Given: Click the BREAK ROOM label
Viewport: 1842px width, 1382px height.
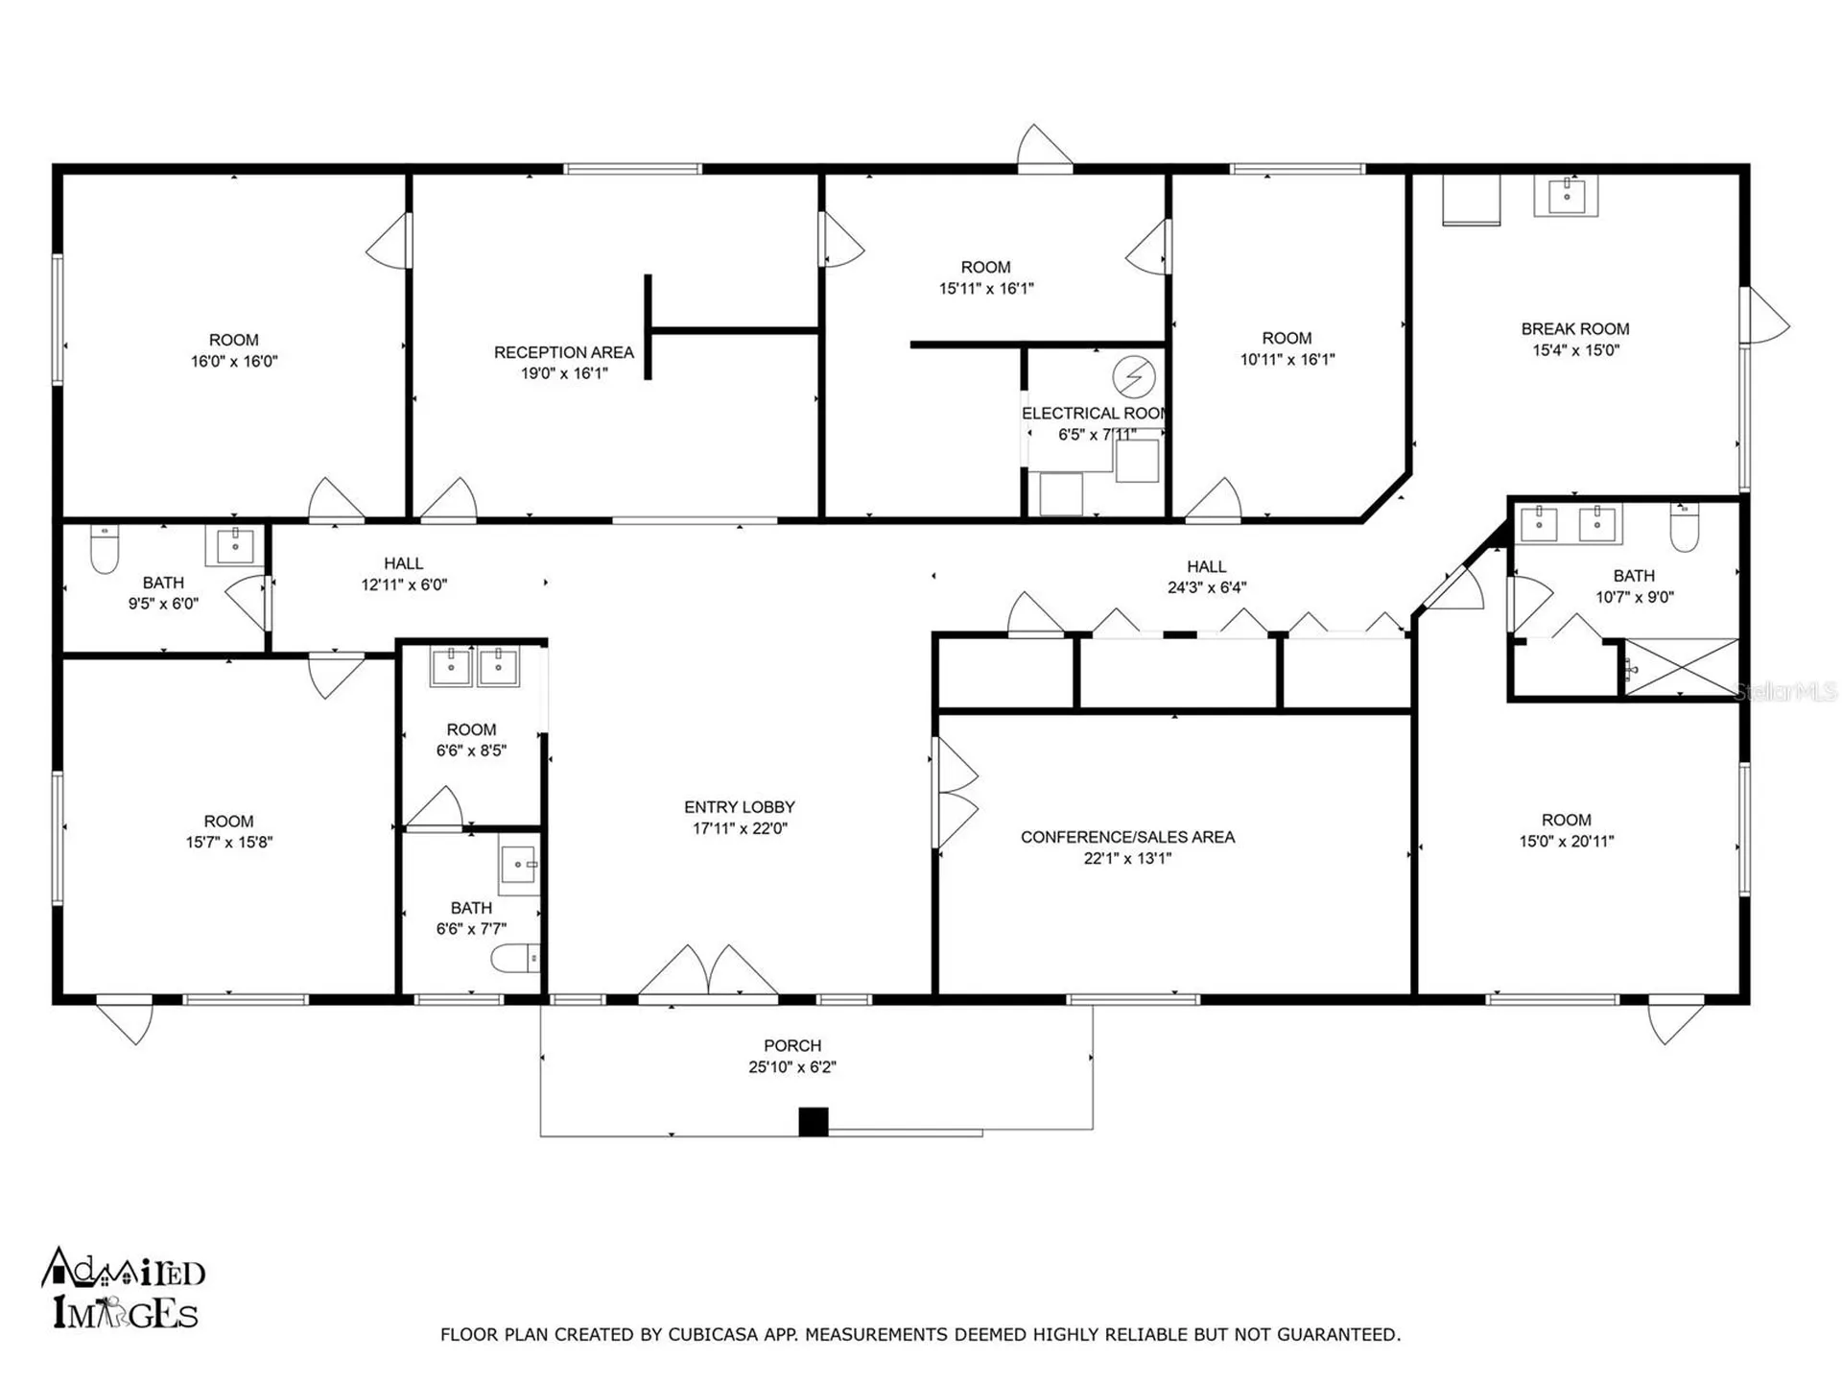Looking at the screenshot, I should click(x=1574, y=329).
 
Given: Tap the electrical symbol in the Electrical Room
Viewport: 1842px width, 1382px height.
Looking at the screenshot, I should click(x=1133, y=377).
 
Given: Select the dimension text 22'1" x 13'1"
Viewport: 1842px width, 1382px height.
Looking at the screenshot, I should click(x=1127, y=859).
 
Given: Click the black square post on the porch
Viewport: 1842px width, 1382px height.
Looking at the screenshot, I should click(x=814, y=1122).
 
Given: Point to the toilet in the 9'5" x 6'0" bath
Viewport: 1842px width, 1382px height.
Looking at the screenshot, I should click(x=104, y=549).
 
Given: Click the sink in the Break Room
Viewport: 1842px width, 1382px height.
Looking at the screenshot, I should click(x=1567, y=197).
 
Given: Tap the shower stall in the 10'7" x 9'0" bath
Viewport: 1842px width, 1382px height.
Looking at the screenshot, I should click(x=1681, y=668).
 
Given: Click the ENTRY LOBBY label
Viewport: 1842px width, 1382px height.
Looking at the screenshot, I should click(x=739, y=807).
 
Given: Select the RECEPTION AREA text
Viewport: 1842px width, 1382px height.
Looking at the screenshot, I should click(x=563, y=352).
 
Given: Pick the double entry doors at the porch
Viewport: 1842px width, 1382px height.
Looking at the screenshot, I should click(x=708, y=971).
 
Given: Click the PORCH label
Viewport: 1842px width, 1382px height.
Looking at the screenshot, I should click(x=792, y=1045).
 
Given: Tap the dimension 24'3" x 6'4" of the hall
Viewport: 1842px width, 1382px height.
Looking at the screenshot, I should click(x=1206, y=587).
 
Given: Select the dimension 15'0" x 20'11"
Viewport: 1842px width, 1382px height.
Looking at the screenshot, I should click(x=1566, y=842).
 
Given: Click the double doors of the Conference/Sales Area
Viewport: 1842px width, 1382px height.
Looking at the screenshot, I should click(x=956, y=793).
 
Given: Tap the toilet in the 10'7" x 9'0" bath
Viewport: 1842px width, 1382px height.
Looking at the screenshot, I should click(x=1684, y=528).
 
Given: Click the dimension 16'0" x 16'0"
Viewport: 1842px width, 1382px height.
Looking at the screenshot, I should click(x=233, y=362).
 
